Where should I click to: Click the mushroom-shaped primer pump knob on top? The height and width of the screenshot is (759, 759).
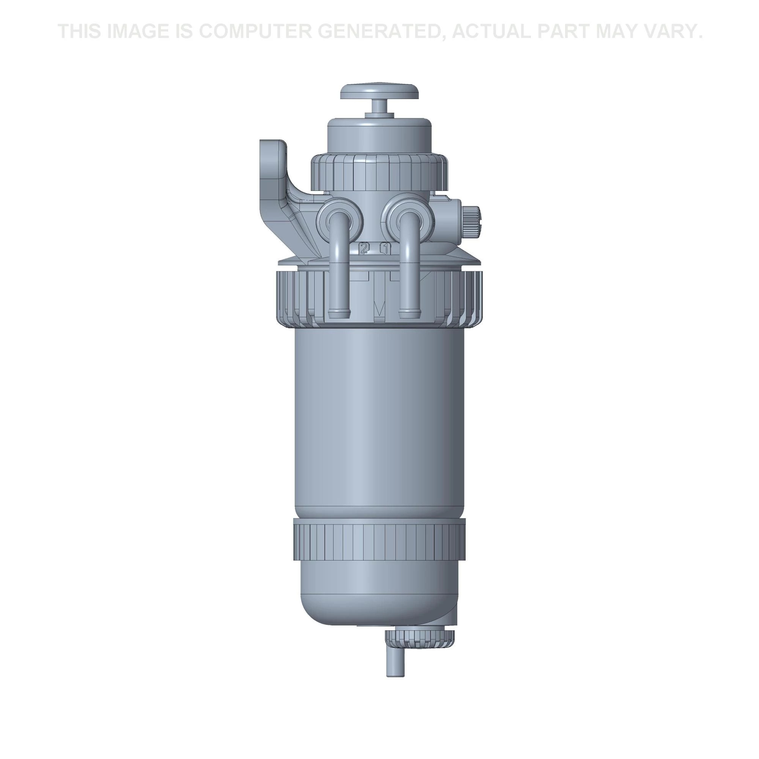(379, 91)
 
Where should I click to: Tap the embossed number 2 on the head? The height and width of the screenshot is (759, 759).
(364, 248)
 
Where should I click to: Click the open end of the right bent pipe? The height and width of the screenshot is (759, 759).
(409, 313)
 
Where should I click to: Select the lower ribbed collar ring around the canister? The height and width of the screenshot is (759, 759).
(379, 539)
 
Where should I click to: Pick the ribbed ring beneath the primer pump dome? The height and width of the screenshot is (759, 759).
(379, 171)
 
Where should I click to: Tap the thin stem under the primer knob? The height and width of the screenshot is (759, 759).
(379, 106)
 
